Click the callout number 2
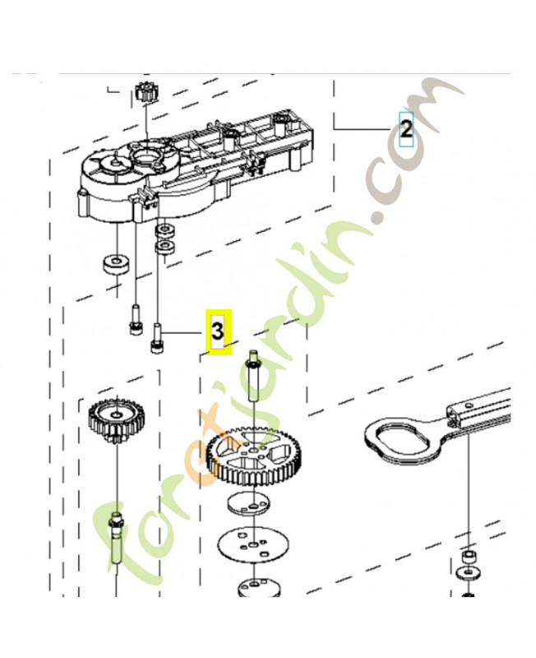tap(406, 129)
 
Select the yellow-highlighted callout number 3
tap(218, 331)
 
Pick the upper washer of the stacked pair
tap(164, 229)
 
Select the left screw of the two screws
tap(134, 320)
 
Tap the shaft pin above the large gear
tap(253, 375)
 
